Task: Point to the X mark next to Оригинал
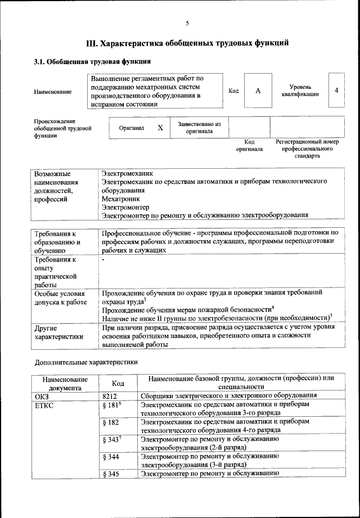pyautogui.click(x=160, y=128)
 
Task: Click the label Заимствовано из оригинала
pyautogui.click(x=199, y=128)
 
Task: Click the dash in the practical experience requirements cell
pyautogui.click(x=103, y=260)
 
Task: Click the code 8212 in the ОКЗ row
pyautogui.click(x=110, y=395)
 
